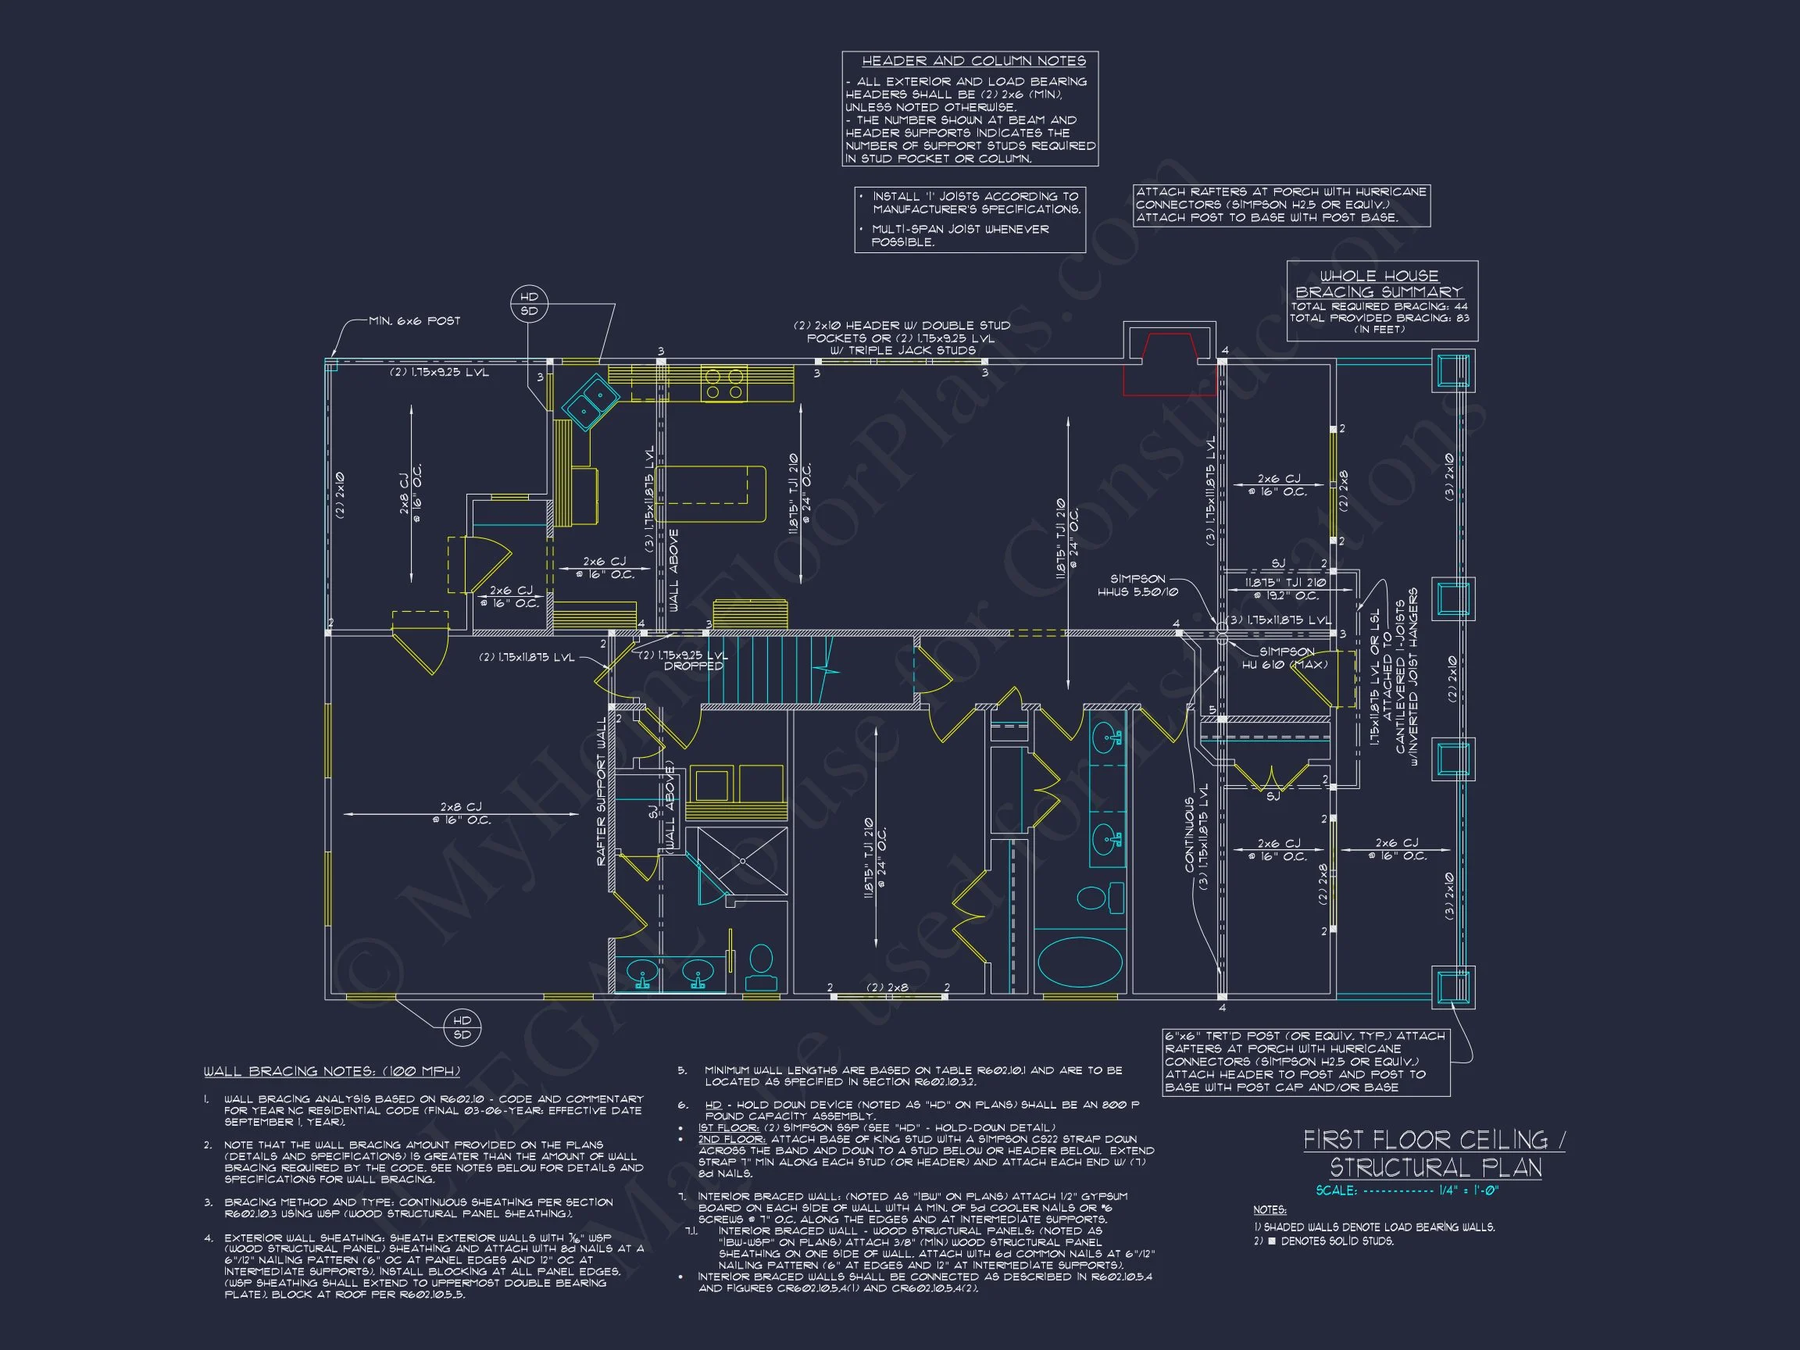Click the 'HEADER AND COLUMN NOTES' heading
pos(973,61)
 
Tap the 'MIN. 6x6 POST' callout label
pos(414,320)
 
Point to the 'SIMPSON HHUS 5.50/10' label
pos(1138,585)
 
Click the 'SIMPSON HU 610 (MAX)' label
pos(1285,658)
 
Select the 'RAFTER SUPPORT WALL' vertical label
pos(602,791)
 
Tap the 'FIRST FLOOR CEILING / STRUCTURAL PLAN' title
pos(1434,1153)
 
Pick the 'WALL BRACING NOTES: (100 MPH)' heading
pos(331,1071)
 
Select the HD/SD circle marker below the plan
pos(462,1027)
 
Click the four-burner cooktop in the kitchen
pos(724,384)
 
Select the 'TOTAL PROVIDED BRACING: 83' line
pos(1378,318)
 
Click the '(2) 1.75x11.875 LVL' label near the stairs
pos(527,657)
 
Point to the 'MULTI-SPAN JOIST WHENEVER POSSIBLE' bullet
pos(960,235)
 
